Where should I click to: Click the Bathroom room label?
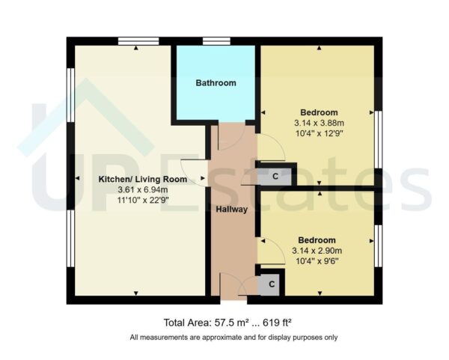coord(216,83)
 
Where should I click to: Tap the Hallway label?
coord(232,209)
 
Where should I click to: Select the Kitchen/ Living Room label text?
coord(136,179)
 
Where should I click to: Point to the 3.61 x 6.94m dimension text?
coord(136,190)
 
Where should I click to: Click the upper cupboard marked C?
coord(275,177)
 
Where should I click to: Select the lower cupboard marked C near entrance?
coord(272,284)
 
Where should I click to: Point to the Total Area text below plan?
coord(227,323)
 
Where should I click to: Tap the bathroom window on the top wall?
coord(216,42)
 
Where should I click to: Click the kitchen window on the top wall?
coord(136,42)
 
